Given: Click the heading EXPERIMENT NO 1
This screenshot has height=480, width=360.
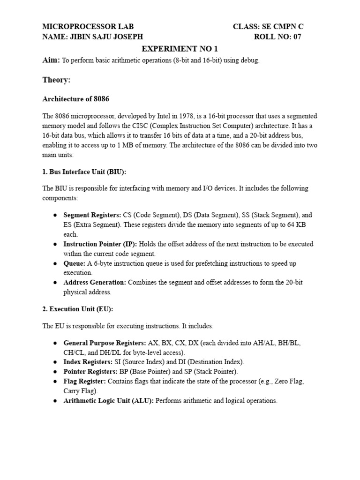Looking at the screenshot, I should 180,49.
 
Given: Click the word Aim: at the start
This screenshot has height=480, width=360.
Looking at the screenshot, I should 51,60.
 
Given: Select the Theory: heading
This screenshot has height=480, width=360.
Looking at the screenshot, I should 56,80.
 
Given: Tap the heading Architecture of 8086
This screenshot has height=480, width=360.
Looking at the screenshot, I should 76,99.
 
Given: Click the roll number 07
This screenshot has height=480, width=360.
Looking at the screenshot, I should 297,37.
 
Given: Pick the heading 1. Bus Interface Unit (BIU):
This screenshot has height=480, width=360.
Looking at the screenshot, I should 84,172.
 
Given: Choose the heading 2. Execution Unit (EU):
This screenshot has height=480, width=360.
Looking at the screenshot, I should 78,309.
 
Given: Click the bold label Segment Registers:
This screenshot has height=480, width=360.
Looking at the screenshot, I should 92,215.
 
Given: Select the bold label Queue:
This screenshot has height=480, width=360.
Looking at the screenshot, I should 75,263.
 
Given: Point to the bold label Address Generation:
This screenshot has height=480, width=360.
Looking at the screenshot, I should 95,283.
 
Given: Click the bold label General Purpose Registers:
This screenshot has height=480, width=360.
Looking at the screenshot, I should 105,343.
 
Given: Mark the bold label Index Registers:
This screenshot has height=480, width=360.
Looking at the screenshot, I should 88,362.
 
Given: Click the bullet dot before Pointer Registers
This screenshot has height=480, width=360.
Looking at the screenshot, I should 55,372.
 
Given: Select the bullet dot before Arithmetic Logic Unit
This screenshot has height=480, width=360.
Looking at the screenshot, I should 55,401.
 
